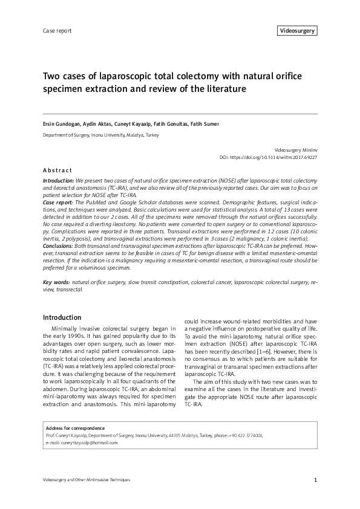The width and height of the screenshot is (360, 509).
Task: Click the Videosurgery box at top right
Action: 297,30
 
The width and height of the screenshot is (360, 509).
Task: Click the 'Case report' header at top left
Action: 56,30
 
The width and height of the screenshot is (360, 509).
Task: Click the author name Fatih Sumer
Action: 203,124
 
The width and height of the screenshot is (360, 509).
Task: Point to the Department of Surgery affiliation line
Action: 100,135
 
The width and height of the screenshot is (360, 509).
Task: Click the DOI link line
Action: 268,157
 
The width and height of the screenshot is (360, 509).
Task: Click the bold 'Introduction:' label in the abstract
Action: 59,181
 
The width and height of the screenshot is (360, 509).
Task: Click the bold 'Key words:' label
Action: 56,282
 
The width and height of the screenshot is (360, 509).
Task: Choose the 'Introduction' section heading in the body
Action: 62,317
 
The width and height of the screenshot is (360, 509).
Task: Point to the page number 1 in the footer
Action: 315,480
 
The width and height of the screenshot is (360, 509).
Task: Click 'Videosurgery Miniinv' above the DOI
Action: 296,149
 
